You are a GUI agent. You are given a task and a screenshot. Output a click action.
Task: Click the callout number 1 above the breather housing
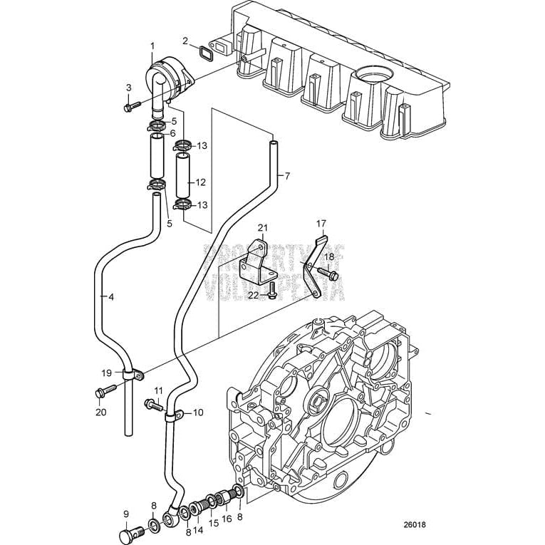[152, 46]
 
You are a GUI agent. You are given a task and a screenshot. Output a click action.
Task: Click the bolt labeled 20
[103, 391]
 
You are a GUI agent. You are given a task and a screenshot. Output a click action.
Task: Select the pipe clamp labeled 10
[175, 413]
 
